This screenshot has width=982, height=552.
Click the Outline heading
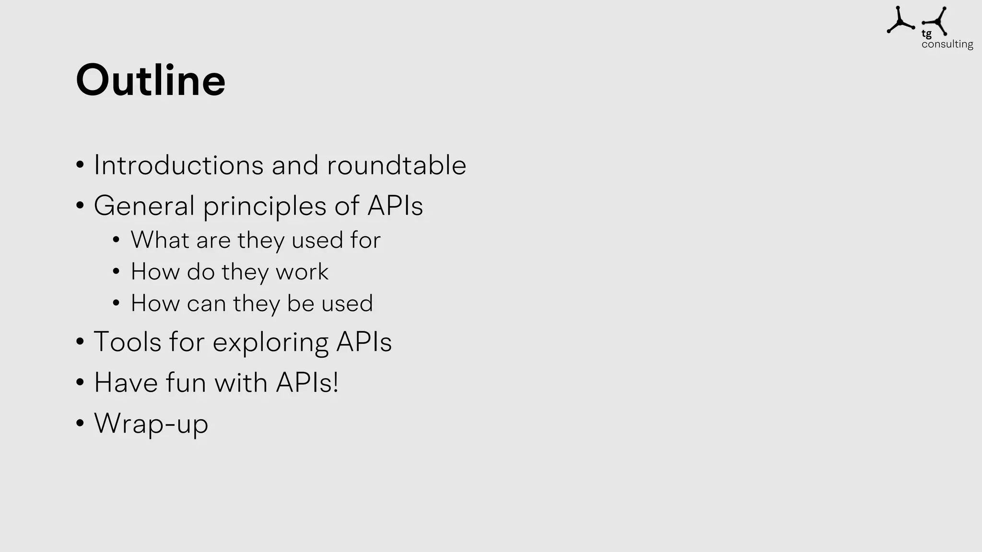pyautogui.click(x=150, y=80)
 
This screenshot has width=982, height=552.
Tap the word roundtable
pyautogui.click(x=396, y=165)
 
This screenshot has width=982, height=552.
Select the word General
pyautogui.click(x=144, y=206)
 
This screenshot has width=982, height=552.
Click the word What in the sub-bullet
pyautogui.click(x=160, y=240)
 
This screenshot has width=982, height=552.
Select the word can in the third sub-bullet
pyautogui.click(x=206, y=303)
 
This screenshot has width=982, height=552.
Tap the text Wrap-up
pyautogui.click(x=151, y=424)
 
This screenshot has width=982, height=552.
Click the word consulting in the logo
pyautogui.click(x=947, y=44)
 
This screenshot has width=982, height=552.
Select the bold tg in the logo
pyautogui.click(x=926, y=34)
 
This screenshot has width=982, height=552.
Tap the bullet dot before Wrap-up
pyautogui.click(x=80, y=423)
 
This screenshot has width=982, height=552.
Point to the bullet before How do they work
pyautogui.click(x=116, y=272)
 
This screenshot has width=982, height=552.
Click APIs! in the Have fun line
pyautogui.click(x=307, y=383)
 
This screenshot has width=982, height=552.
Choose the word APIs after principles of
pyautogui.click(x=395, y=206)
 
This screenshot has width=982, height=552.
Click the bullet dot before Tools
pyautogui.click(x=80, y=342)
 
